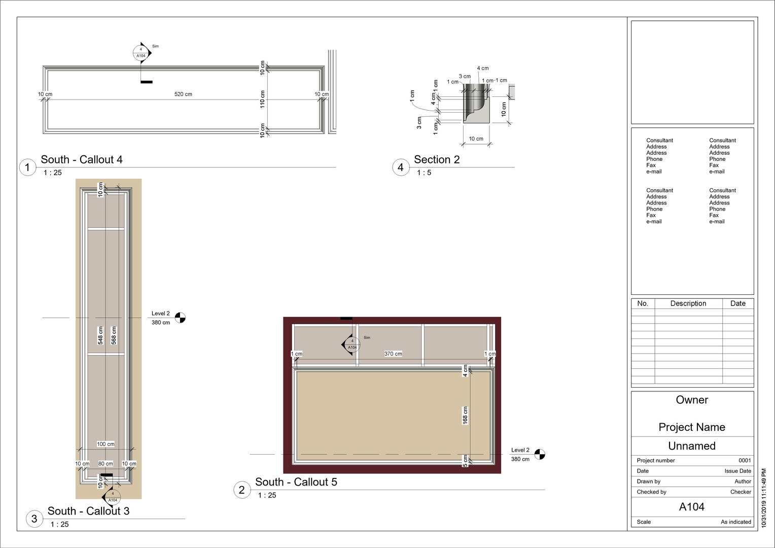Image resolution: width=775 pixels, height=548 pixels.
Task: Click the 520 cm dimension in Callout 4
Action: tap(183, 94)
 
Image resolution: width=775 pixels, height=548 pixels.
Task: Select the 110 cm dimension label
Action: tap(263, 99)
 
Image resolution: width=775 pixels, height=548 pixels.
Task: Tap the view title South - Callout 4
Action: tap(82, 160)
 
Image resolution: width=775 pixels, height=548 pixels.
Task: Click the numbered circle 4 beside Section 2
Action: tap(401, 167)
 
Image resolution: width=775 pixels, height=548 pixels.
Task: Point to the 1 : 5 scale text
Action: tap(424, 173)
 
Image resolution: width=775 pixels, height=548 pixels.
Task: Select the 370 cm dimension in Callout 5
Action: tap(393, 354)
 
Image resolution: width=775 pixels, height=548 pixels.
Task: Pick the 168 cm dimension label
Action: tap(465, 416)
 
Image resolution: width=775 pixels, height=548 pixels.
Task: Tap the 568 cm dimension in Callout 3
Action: tap(114, 336)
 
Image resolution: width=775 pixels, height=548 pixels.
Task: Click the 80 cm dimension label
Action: tap(105, 464)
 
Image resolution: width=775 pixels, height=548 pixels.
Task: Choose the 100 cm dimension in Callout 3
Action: tap(105, 444)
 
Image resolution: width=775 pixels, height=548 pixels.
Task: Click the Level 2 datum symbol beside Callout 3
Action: tap(180, 318)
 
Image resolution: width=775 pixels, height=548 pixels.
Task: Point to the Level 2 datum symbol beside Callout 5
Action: tap(540, 455)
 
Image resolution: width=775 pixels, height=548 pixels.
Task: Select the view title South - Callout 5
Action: tap(296, 483)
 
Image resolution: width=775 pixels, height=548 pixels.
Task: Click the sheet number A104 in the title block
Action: tap(692, 507)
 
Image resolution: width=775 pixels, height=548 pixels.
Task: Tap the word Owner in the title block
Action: tap(692, 400)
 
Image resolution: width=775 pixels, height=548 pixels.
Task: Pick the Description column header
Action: tap(688, 303)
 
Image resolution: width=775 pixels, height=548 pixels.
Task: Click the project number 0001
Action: tap(745, 461)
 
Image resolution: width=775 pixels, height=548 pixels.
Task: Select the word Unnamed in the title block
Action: tap(692, 446)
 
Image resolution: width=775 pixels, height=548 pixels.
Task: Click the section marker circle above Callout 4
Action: tap(141, 53)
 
